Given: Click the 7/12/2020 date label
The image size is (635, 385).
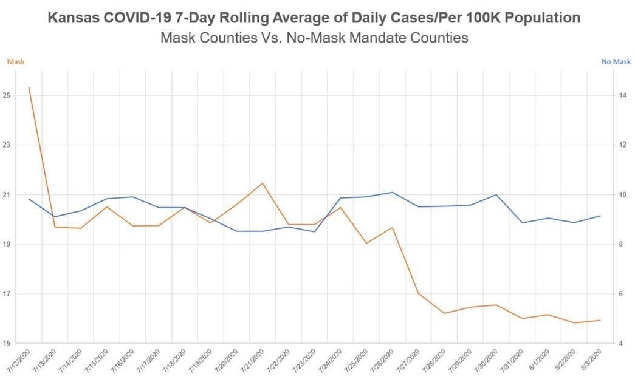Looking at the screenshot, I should tap(18, 361).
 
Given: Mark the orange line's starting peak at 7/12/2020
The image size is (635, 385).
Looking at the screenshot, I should tap(29, 87).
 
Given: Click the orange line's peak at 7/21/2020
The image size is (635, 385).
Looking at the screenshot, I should tap(263, 183).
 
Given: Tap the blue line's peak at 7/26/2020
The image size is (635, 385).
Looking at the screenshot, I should tap(393, 192).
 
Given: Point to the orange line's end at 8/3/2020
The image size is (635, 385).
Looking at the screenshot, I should tap(600, 320).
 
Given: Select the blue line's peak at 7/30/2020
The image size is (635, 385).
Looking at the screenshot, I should tap(496, 195).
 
